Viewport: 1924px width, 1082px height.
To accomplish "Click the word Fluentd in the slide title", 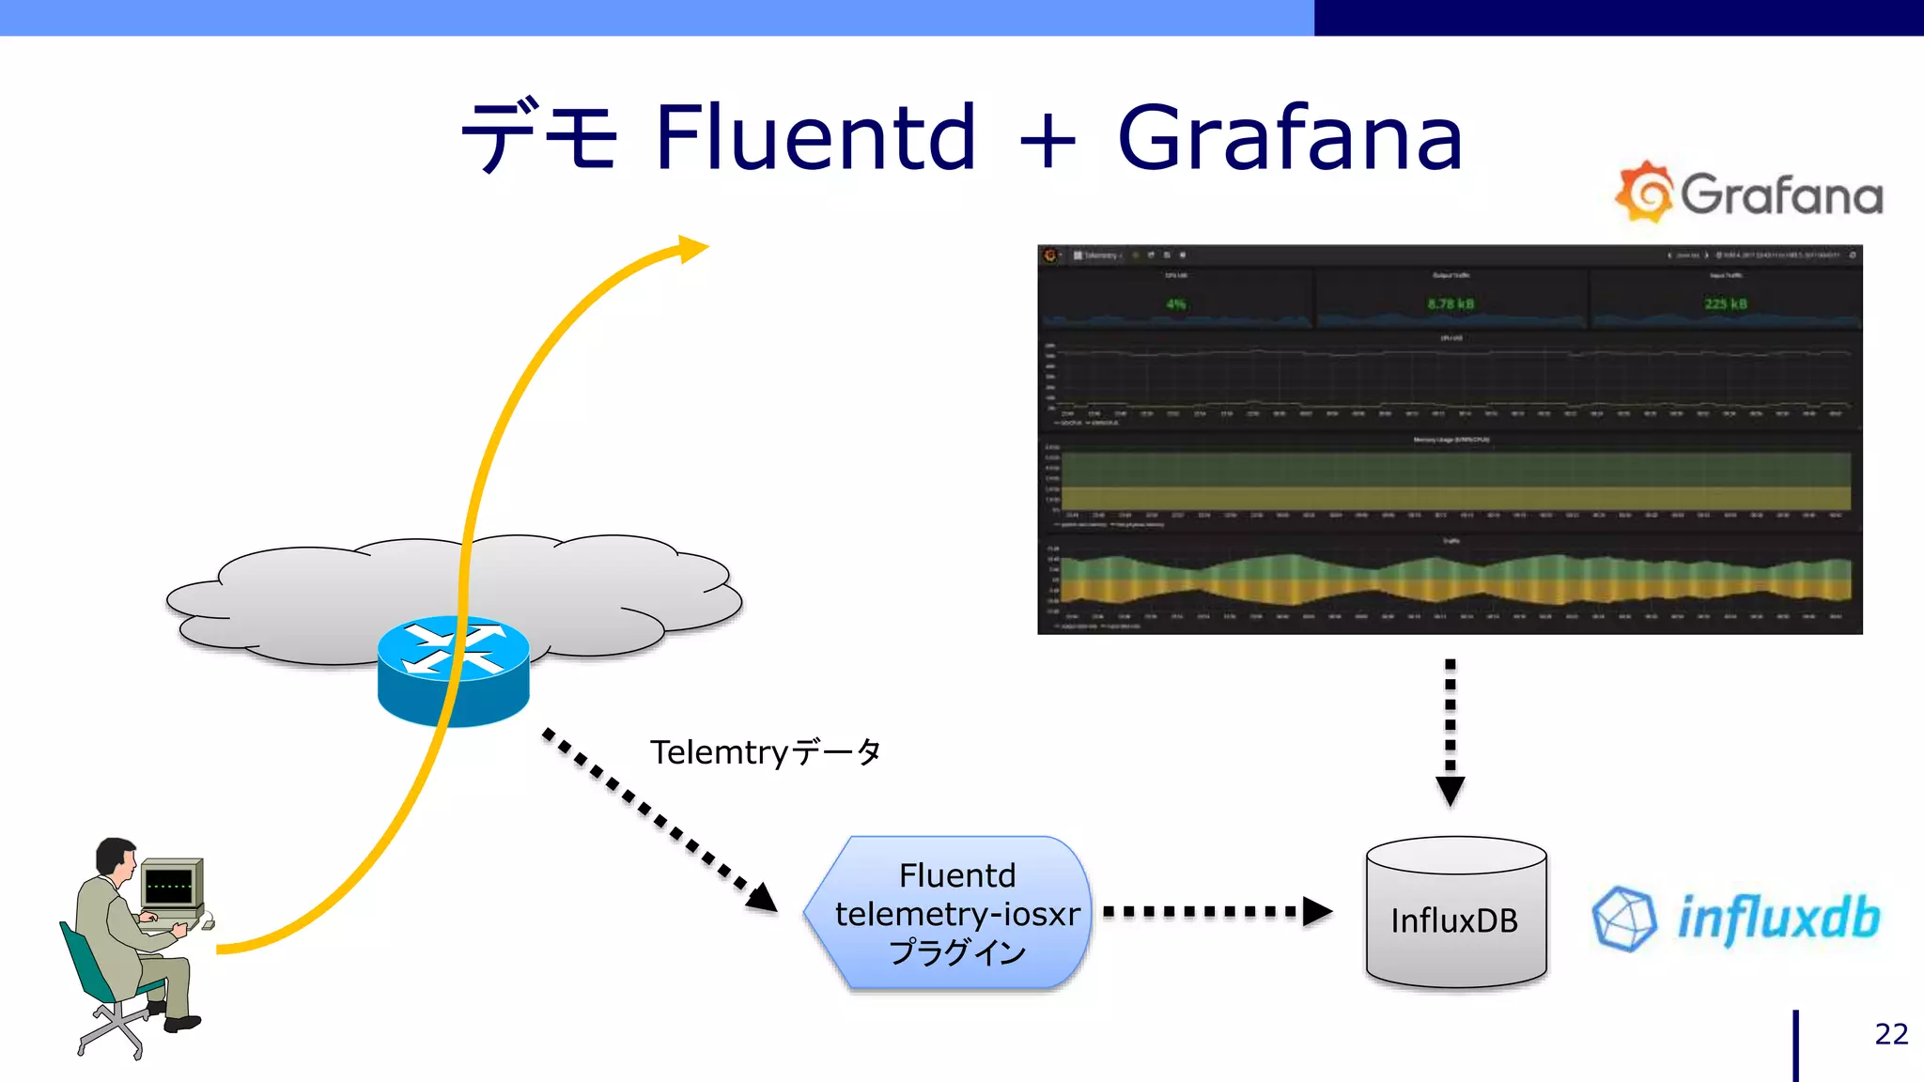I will click(815, 138).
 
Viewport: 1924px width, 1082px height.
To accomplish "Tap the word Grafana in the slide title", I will click(1289, 138).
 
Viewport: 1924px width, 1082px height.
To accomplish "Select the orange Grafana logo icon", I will click(1644, 193).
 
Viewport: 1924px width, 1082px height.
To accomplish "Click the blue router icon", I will click(453, 670).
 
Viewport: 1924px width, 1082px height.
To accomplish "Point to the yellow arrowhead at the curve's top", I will click(691, 249).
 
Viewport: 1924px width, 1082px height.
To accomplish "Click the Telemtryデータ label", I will click(765, 752).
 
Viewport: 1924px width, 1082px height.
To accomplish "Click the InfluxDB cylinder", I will click(1455, 916).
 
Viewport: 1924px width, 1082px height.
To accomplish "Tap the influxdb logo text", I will click(1777, 918).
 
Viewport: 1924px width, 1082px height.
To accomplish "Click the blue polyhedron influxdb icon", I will click(1623, 919).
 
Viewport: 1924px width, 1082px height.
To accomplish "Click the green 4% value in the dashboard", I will click(1175, 304).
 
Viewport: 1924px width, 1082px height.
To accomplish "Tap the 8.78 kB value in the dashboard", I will click(1451, 304).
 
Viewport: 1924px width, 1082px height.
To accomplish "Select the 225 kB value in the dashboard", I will click(1725, 304).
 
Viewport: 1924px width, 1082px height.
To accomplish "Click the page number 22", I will click(1890, 1034).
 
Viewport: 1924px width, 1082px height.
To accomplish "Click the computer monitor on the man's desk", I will click(170, 885).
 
